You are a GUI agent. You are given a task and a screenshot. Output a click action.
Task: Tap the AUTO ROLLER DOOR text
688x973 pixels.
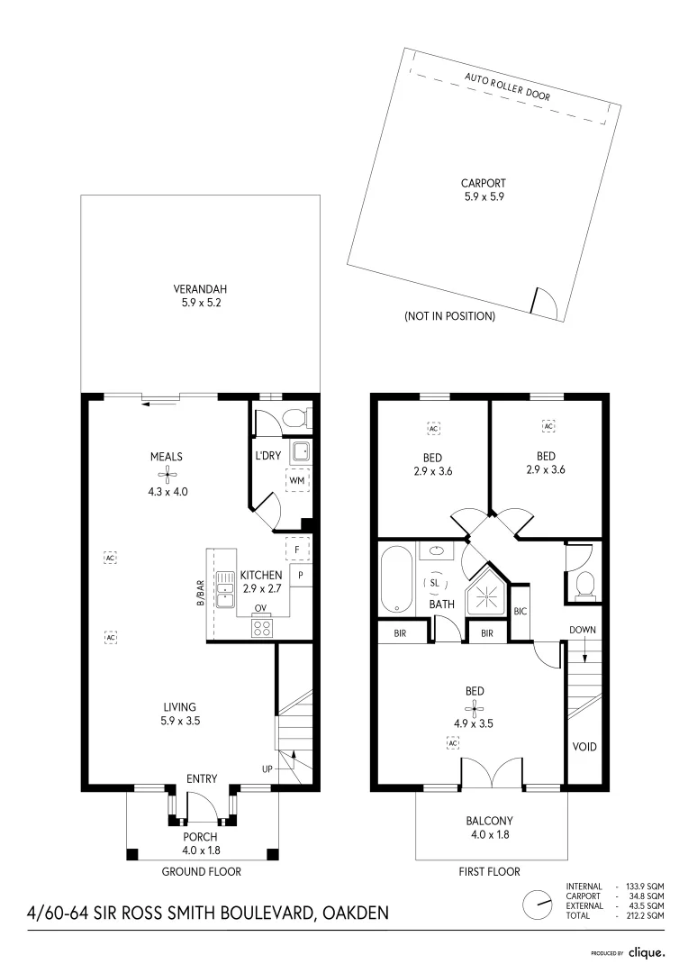coord(507,86)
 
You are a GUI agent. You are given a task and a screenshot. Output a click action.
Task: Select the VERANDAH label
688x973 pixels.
coord(199,289)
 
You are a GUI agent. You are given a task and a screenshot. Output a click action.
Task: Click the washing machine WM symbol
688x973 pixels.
coord(296,481)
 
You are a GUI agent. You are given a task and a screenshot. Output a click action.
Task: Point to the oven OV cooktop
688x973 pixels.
coord(262,629)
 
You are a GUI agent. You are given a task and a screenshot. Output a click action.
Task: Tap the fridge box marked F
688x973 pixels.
coord(297,548)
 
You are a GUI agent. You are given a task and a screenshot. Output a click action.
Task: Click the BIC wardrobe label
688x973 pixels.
coord(520,612)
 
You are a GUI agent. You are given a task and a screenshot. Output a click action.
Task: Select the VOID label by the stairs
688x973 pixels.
coord(584,747)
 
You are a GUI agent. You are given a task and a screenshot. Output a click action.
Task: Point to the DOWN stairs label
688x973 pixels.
coord(583,630)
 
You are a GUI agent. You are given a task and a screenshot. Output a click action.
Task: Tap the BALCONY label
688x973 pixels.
coord(489,821)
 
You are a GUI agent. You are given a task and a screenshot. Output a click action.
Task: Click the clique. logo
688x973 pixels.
coord(647,951)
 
